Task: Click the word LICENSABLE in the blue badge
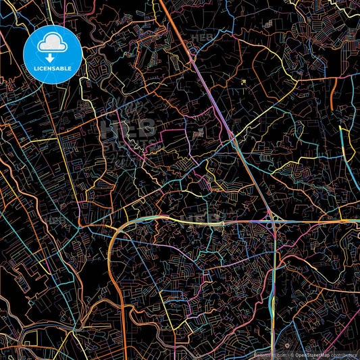tap(53, 68)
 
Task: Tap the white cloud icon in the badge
tap(52, 45)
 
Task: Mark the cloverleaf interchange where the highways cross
tap(274, 223)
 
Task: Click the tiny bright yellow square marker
tap(243, 82)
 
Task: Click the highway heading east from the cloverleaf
tap(317, 221)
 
